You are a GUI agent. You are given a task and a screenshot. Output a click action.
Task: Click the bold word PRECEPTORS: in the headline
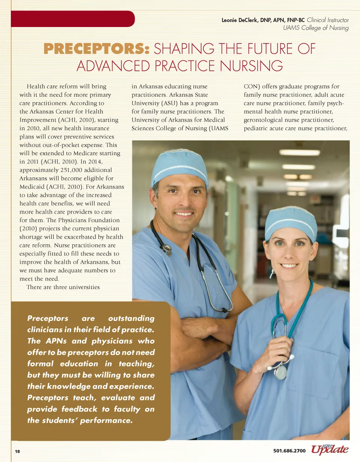96,49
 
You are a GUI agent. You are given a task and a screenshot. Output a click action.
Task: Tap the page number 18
17,451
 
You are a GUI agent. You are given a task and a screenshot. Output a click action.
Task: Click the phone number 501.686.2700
289,451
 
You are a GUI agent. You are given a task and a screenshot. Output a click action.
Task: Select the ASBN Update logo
330,449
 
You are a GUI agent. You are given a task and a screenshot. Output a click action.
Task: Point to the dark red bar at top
73,19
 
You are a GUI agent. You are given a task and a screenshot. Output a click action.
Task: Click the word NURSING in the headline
251,66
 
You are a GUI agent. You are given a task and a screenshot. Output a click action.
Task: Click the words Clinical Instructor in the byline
327,20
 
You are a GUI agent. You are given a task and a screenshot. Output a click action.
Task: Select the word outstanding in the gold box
131,318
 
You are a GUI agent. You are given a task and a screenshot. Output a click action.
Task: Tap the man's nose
184,202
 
